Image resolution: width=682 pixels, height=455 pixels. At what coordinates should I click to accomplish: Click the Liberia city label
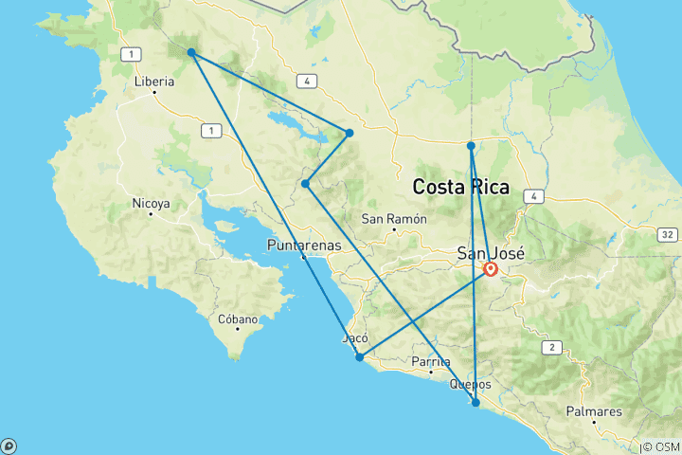click(x=154, y=82)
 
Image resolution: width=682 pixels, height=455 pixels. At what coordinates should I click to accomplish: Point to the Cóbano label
click(x=239, y=319)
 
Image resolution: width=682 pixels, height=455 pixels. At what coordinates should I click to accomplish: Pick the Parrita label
click(x=431, y=361)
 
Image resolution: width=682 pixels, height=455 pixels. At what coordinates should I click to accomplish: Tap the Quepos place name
click(x=471, y=384)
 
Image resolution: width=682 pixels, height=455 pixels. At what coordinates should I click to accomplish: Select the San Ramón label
click(x=395, y=219)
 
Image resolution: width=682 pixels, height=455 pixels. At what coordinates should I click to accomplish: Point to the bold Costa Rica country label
click(x=461, y=187)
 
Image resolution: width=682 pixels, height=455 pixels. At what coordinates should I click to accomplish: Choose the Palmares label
click(x=594, y=411)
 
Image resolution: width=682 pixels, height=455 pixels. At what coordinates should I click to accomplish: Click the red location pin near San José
click(x=492, y=269)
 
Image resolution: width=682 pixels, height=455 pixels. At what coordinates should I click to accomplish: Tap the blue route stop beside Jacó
click(x=359, y=357)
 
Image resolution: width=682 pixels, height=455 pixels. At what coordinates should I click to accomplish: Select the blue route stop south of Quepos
click(x=476, y=403)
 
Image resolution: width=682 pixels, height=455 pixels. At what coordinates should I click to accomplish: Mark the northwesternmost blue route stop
click(x=191, y=52)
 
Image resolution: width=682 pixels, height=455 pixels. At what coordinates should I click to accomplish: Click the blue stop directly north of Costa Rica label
click(x=471, y=145)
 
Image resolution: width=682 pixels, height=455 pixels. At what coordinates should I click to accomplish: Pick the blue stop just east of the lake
click(x=350, y=133)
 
